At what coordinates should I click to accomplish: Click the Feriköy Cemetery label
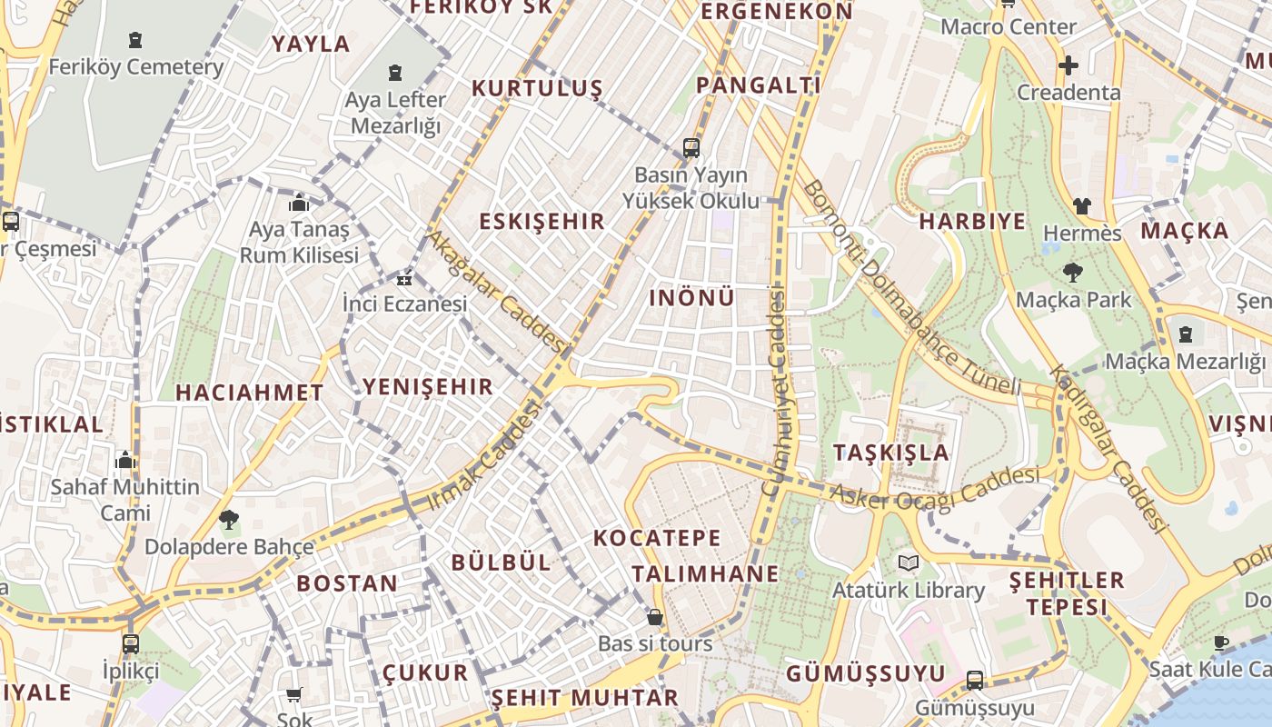[x=135, y=67]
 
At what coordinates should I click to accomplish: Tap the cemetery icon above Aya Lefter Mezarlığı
[x=395, y=72]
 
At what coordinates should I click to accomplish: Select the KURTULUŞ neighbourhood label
[x=537, y=88]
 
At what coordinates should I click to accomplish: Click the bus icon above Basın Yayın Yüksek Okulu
[x=691, y=147]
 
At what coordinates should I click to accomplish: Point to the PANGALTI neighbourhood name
[x=758, y=85]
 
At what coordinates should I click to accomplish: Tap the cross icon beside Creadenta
[x=1068, y=65]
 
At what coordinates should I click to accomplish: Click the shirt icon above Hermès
[x=1081, y=206]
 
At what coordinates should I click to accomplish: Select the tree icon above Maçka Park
[x=1072, y=272]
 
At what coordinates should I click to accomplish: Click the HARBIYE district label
[x=972, y=222]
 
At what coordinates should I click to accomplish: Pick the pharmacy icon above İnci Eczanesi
[x=404, y=278]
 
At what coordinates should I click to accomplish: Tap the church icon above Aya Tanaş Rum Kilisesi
[x=298, y=203]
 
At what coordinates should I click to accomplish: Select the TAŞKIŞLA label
[x=890, y=453]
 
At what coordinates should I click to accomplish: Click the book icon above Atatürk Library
[x=909, y=563]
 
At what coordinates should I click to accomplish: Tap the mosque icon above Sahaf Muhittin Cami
[x=125, y=460]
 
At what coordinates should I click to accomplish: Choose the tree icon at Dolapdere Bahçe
[x=228, y=520]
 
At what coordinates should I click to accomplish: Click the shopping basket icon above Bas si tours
[x=654, y=618]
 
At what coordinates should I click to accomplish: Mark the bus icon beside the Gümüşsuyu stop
[x=975, y=680]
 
